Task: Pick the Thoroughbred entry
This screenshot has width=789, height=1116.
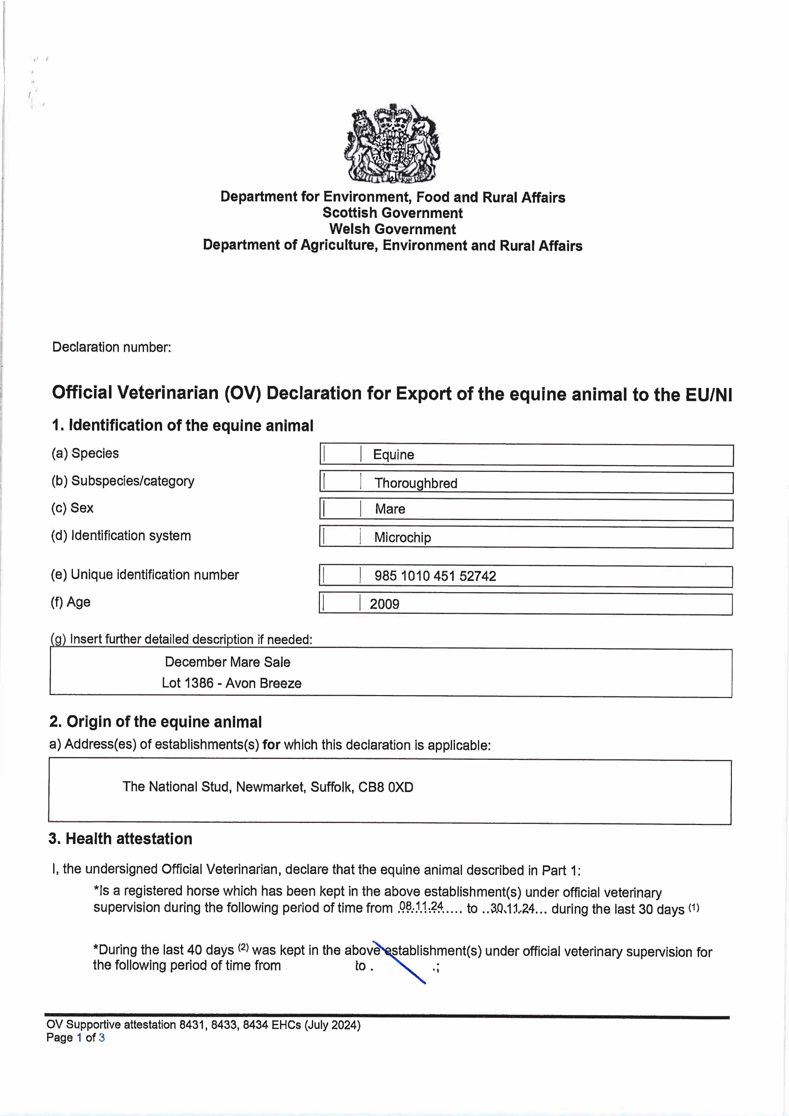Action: (416, 483)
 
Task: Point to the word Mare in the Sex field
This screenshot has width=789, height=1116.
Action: (390, 509)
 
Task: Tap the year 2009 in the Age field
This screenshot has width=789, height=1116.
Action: (384, 604)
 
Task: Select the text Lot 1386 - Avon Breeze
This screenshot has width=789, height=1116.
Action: (231, 683)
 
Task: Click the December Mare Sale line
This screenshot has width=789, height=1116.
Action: (228, 662)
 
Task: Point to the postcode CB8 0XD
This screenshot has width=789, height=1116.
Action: (386, 787)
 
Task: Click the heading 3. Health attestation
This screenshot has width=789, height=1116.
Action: (121, 839)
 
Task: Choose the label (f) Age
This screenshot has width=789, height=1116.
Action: (71, 602)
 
